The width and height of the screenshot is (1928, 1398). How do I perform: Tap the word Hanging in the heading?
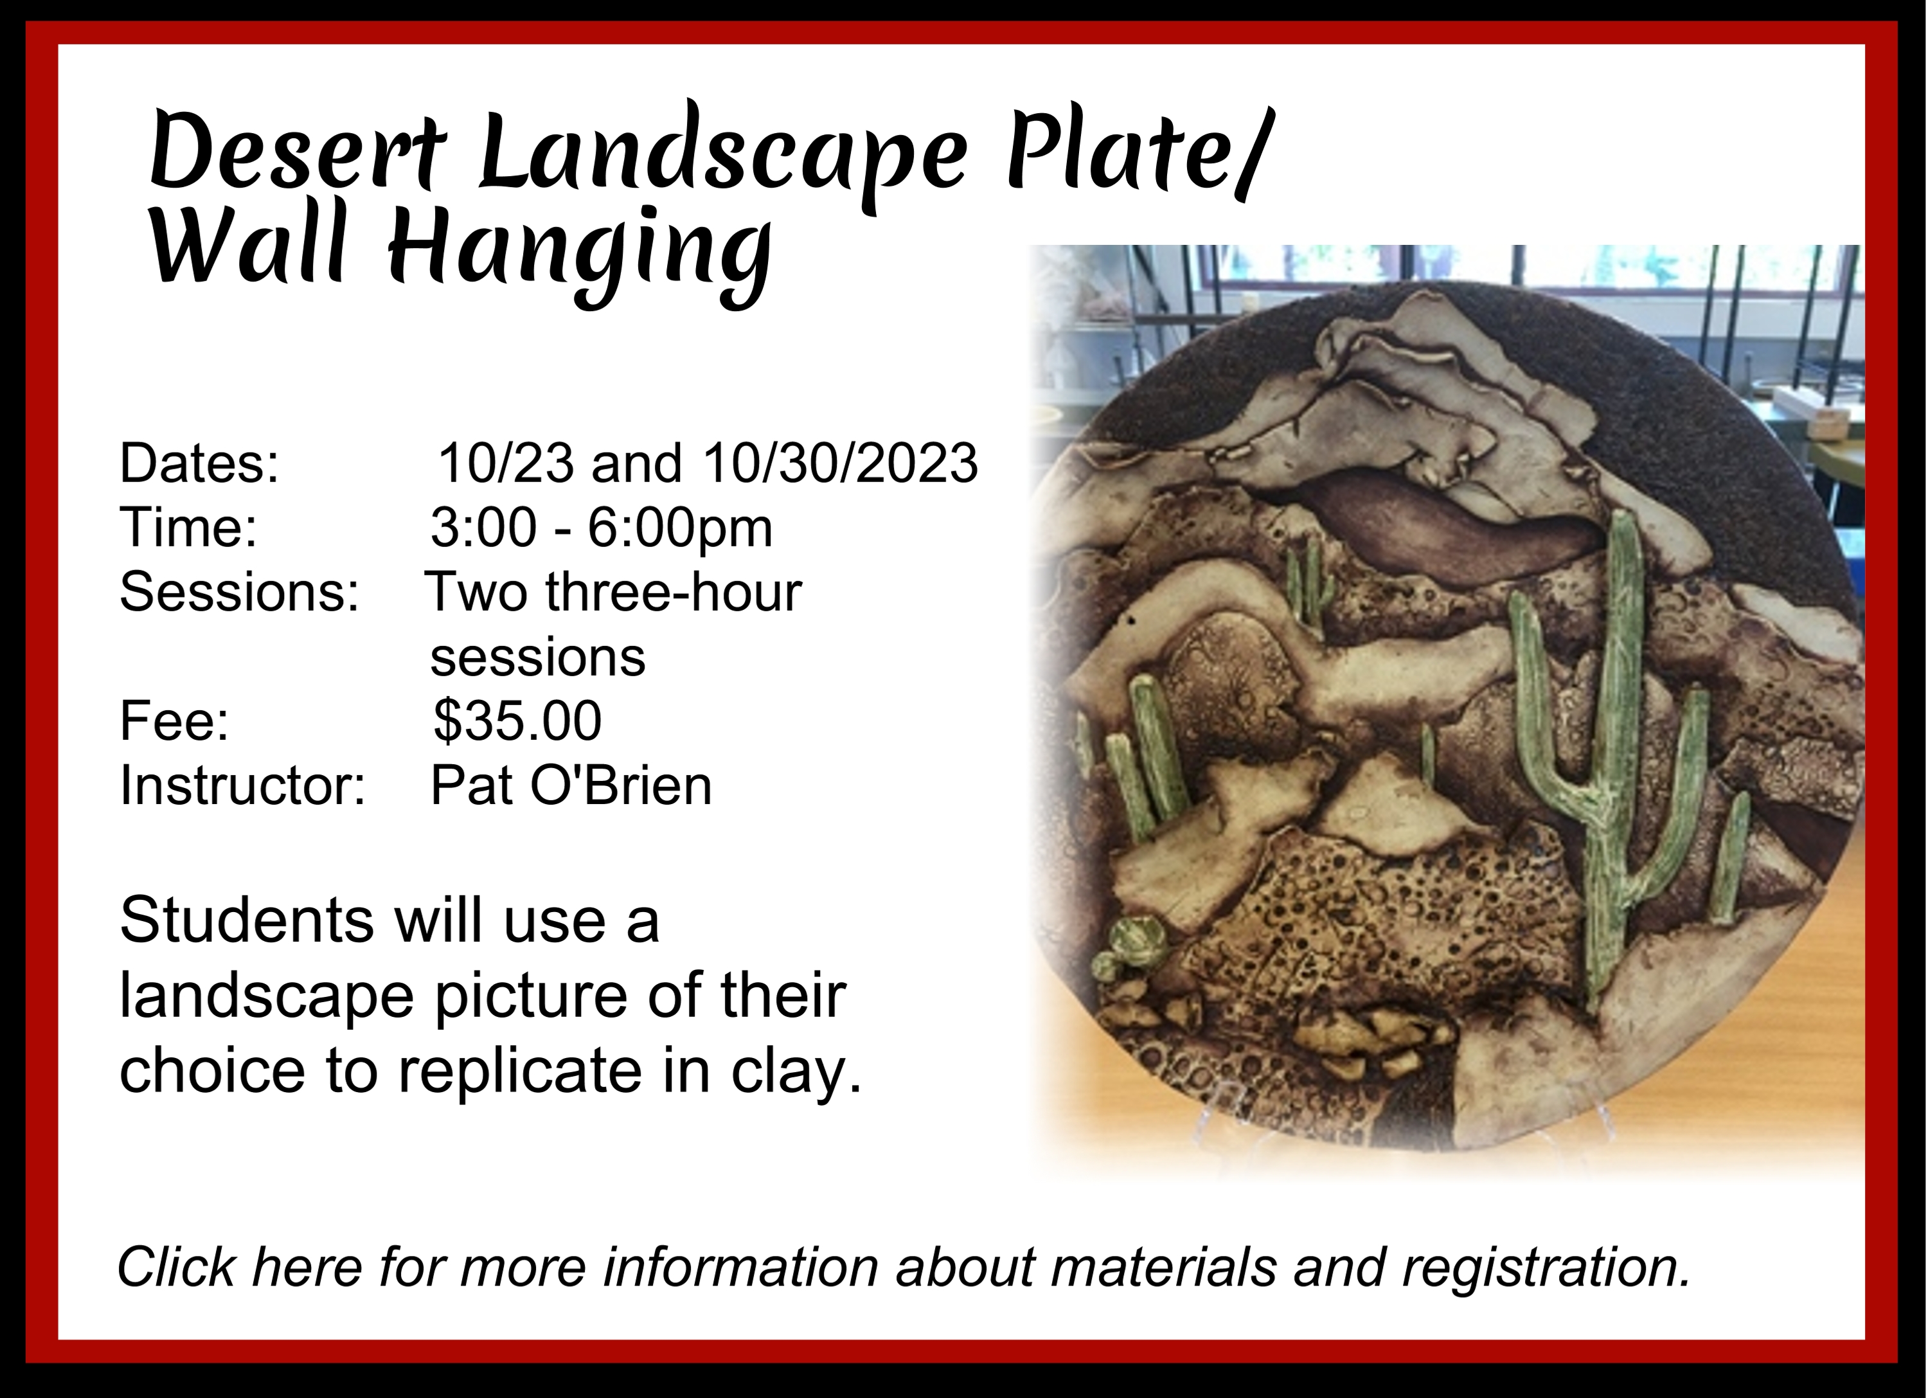580,255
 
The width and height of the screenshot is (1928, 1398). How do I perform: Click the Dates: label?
199,463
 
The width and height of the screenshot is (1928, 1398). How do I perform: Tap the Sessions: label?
239,592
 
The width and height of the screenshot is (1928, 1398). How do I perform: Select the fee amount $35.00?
517,721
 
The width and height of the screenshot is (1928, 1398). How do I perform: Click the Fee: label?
174,721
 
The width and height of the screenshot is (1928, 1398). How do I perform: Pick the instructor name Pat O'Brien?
571,785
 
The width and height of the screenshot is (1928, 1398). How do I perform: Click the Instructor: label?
242,785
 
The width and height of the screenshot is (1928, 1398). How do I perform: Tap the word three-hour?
674,592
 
